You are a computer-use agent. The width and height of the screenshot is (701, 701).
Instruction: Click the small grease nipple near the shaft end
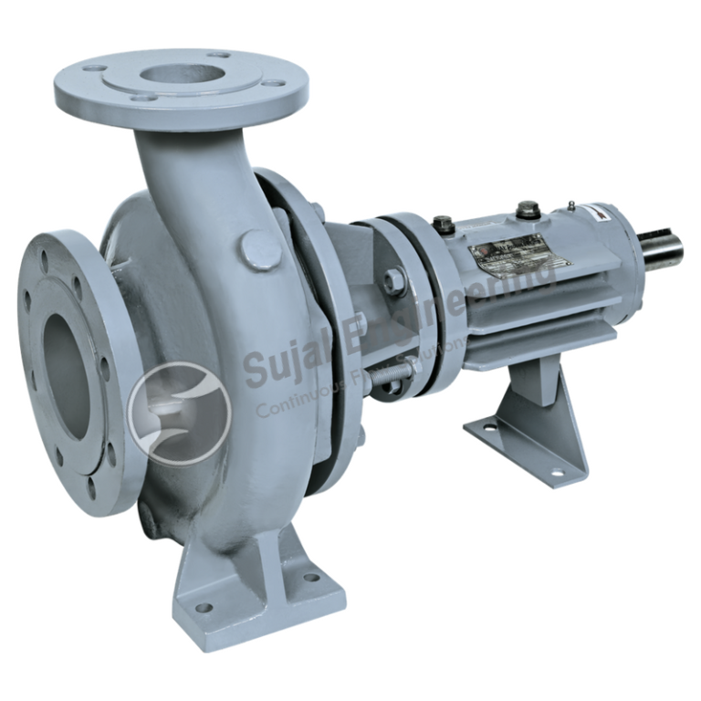pyautogui.click(x=570, y=205)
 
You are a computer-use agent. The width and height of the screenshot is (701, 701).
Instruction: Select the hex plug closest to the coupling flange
pyautogui.click(x=444, y=223)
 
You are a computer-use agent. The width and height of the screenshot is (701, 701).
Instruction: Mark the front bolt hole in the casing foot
pyautogui.click(x=204, y=607)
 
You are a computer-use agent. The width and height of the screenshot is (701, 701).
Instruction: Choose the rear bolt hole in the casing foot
pyautogui.click(x=311, y=577)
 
